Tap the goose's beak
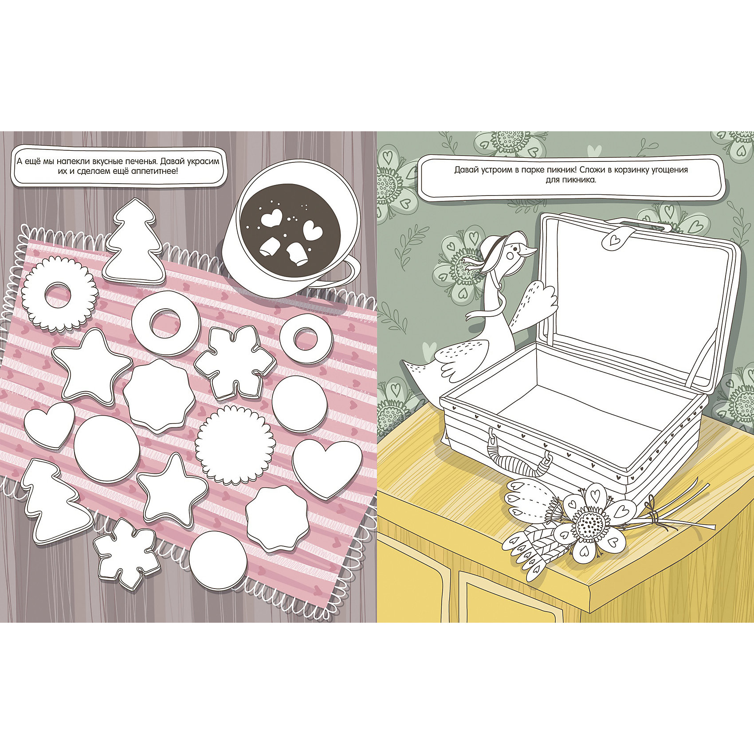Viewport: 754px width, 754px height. coord(528,252)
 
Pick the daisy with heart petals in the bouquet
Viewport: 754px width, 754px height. coord(592,524)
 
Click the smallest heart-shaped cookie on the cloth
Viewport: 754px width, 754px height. coord(49,425)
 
